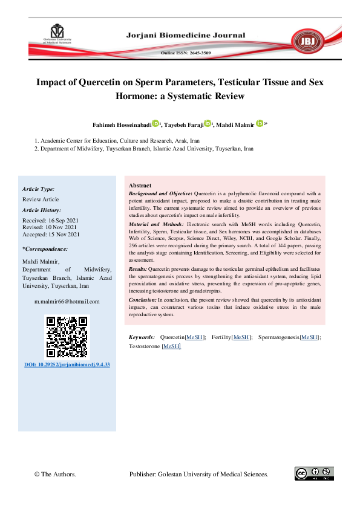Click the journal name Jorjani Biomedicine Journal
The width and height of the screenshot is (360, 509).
[186, 35]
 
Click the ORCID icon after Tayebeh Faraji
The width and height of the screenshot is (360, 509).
[209, 124]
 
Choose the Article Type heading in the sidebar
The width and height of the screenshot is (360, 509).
[38, 189]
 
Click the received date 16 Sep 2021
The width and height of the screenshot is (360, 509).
[62, 220]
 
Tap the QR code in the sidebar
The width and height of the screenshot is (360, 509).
[67, 337]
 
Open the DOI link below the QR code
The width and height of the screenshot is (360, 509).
[67, 365]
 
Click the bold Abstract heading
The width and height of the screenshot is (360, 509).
[140, 186]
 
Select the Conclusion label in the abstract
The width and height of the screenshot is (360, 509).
[142, 300]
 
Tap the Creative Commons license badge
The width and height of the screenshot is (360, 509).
[314, 473]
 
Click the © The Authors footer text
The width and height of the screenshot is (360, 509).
[55, 475]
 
